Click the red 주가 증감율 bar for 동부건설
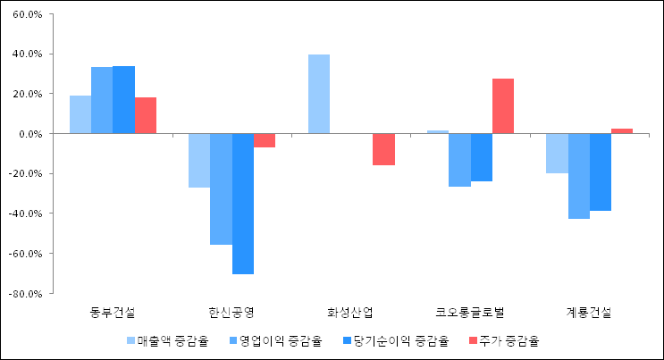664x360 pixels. click(146, 115)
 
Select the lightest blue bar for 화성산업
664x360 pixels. click(319, 94)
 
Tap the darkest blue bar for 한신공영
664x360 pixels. click(243, 204)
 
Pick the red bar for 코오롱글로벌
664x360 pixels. click(503, 106)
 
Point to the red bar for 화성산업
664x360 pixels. click(384, 149)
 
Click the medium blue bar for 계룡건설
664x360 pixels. click(579, 176)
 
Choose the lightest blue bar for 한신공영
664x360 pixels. click(199, 161)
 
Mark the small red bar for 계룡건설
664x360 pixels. click(622, 131)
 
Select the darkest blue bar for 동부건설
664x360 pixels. click(124, 99)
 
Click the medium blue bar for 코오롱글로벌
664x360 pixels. click(459, 160)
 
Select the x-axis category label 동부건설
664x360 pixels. click(113, 313)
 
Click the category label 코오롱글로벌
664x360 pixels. click(470, 313)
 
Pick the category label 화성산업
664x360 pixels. click(351, 313)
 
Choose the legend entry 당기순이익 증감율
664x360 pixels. click(399, 340)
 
